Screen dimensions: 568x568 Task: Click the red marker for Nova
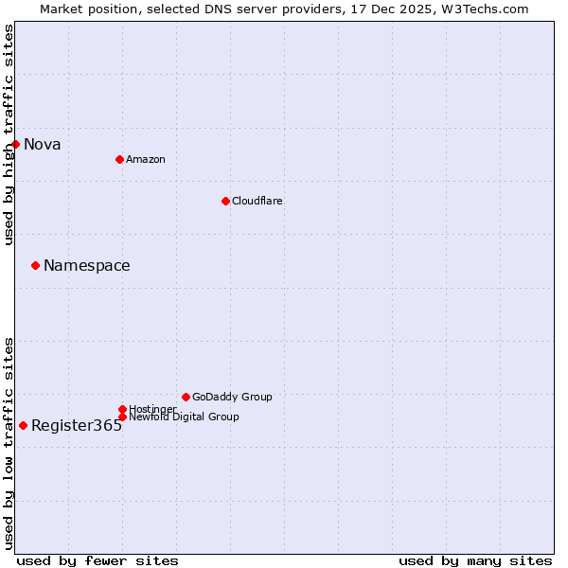coord(16,144)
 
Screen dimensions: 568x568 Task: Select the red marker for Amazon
coord(119,159)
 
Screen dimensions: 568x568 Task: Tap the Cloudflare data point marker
coord(225,201)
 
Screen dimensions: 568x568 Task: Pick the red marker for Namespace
coord(35,265)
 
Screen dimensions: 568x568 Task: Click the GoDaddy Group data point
coord(186,397)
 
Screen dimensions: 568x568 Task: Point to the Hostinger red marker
coord(122,409)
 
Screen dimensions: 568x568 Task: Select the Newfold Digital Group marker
coord(122,417)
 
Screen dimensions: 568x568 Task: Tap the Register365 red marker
coord(23,425)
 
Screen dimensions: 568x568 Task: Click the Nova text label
coord(43,145)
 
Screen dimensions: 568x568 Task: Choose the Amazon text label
coord(145,159)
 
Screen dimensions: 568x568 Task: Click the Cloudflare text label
coord(257,201)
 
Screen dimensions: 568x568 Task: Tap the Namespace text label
coord(87,266)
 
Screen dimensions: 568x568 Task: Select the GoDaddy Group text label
coord(232,397)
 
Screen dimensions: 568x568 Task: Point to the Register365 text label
coord(77,426)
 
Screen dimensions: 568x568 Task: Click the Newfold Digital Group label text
coord(184,417)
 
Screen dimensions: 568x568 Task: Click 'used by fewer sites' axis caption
coord(98,560)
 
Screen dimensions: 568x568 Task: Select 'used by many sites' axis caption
coord(475,560)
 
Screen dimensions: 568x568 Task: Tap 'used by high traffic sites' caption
coord(9,135)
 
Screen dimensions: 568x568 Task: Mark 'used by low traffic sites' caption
coord(9,443)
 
